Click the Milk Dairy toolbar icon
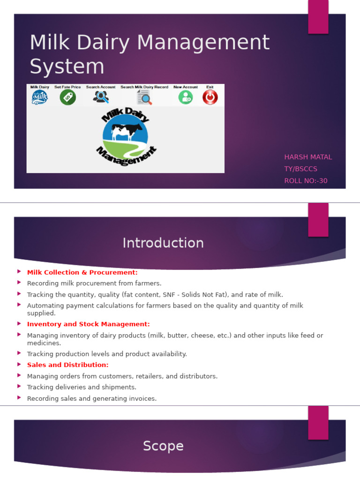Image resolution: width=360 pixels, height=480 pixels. click(x=40, y=97)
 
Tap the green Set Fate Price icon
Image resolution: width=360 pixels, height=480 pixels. click(x=67, y=97)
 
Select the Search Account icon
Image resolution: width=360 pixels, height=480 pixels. click(x=101, y=97)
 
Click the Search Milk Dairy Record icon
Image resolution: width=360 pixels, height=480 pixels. click(x=144, y=97)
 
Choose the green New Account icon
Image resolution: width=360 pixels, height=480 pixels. click(x=186, y=97)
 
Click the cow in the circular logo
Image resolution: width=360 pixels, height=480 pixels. click(x=125, y=130)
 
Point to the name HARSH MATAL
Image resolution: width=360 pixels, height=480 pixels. click(x=308, y=157)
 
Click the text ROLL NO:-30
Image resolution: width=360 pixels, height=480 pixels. click(x=306, y=181)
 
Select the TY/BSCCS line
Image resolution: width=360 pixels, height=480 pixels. click(x=301, y=169)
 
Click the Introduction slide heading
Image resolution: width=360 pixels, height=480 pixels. click(x=163, y=243)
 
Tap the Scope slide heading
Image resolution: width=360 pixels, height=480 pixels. click(x=163, y=446)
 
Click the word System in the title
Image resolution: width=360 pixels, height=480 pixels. click(x=67, y=67)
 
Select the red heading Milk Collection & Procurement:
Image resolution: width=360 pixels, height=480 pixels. click(x=82, y=272)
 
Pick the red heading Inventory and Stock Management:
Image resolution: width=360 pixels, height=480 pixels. click(x=89, y=324)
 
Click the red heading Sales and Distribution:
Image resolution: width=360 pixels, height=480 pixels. click(x=68, y=365)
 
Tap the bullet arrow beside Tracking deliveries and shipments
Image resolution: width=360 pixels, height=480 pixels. click(x=19, y=387)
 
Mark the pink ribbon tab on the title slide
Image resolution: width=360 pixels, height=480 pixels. click(x=318, y=16)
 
